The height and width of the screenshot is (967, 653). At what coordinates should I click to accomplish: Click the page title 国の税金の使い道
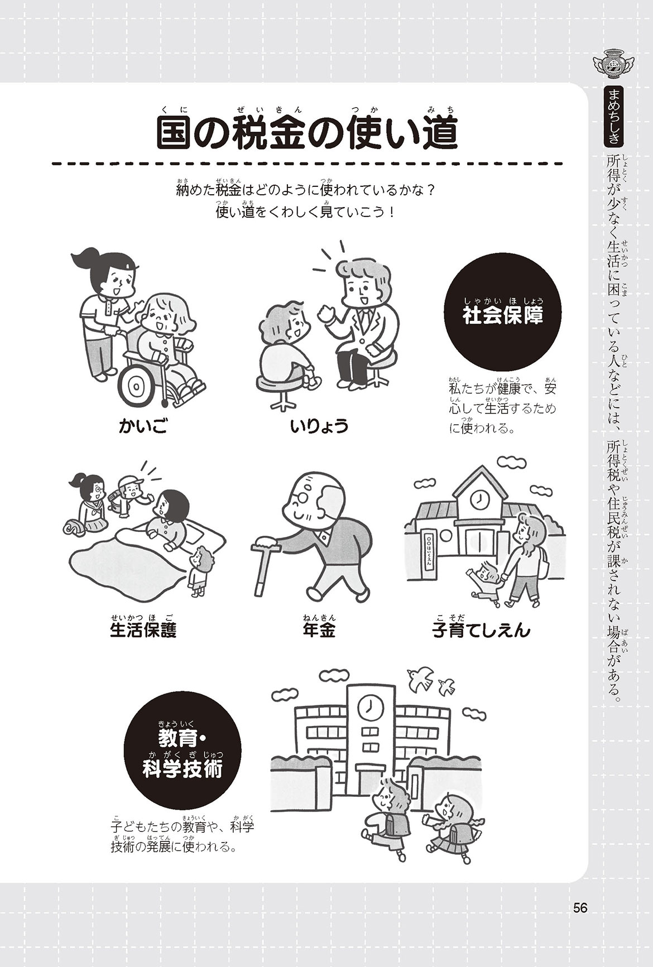[306, 133]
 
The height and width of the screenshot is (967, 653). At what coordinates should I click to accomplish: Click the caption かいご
[143, 427]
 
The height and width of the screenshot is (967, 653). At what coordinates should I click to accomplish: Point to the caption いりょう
[319, 427]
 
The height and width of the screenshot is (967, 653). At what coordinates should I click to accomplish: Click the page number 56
[580, 908]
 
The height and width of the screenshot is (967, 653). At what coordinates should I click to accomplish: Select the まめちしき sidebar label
[613, 116]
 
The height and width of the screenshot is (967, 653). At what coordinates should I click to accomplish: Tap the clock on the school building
[368, 708]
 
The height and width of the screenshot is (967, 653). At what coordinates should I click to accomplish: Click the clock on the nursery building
[478, 500]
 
